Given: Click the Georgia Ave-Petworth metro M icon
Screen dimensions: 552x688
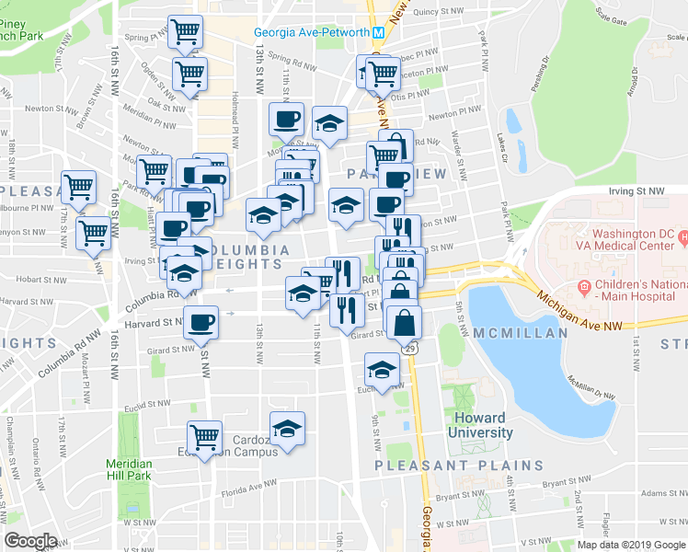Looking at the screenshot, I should (x=378, y=33).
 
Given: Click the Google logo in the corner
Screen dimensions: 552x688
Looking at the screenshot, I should (x=30, y=541).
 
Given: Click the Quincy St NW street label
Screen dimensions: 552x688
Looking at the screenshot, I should (x=435, y=13).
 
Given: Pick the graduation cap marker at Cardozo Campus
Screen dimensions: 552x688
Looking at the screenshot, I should (x=287, y=428).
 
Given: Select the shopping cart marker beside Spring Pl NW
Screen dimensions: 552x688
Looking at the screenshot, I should (x=186, y=32).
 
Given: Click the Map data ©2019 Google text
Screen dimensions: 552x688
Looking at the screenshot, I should (x=632, y=545).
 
